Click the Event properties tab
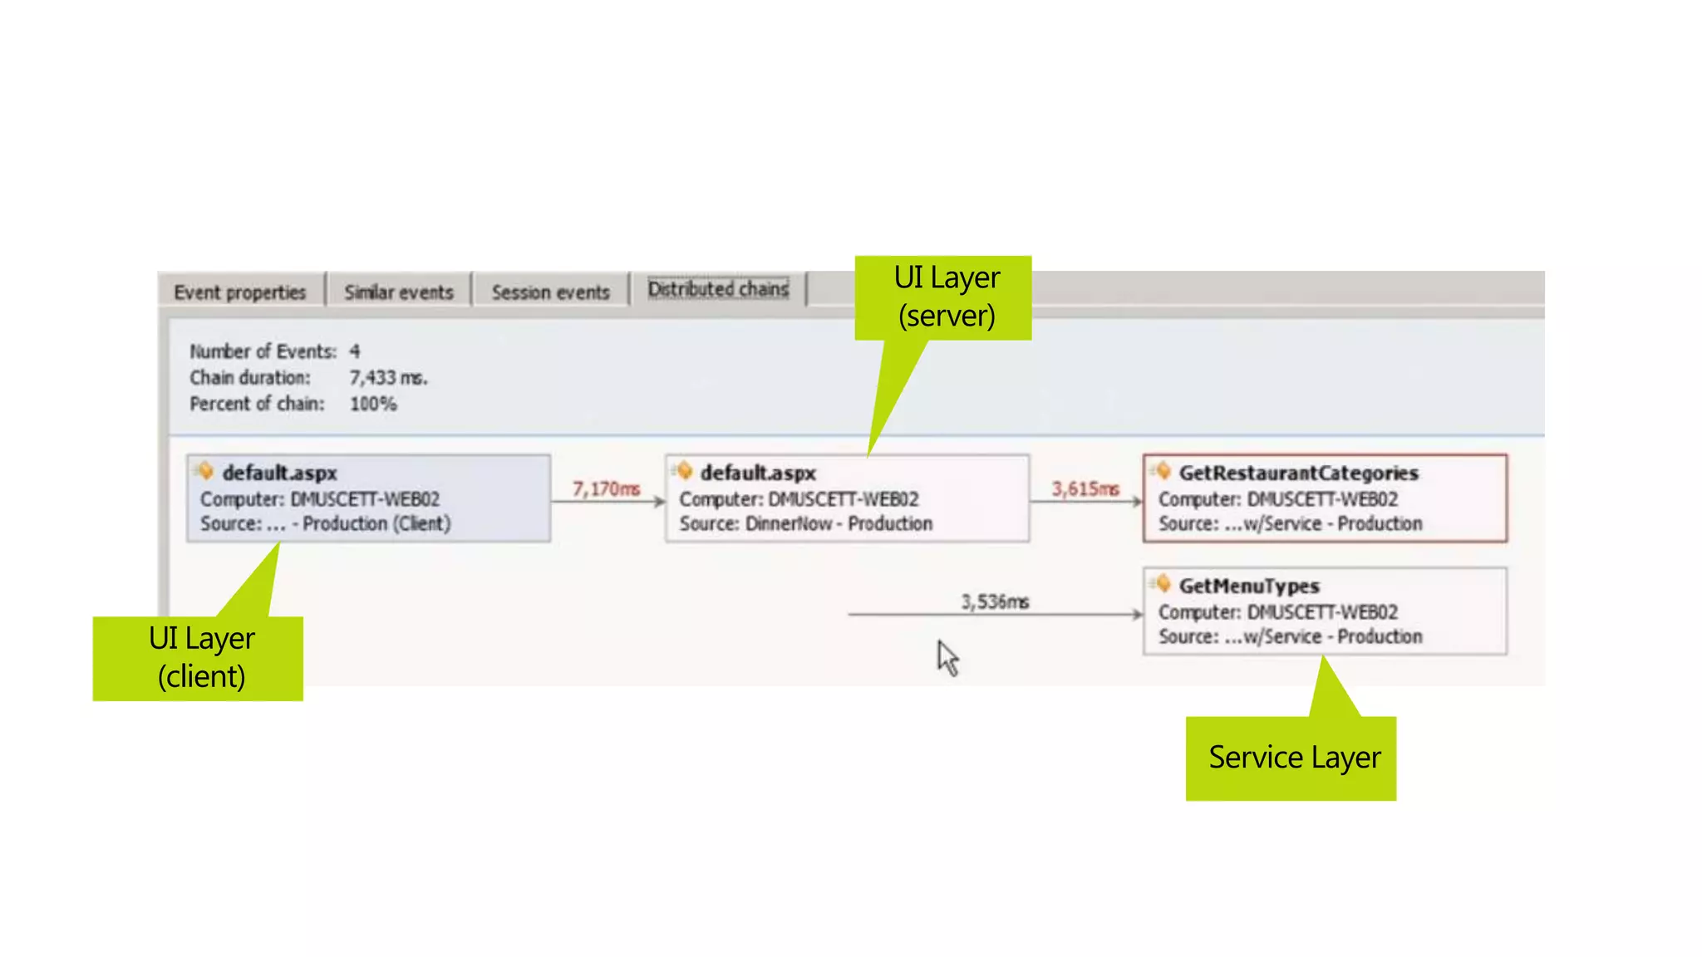pos(240,292)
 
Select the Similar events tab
pos(399,292)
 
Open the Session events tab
pos(550,292)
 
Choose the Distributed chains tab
pos(718,289)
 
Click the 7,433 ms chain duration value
pos(388,378)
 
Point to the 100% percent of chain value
pos(373,404)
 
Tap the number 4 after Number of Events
pos(355,351)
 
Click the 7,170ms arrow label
pos(606,489)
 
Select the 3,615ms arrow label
pos(1085,489)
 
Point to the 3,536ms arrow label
pos(995,601)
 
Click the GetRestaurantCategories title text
pos(1298,474)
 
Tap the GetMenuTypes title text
pos(1249,586)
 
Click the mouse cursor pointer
pos(947,658)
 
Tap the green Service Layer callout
pos(1293,758)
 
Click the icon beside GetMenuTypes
pos(1163,584)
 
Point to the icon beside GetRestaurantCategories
pos(1163,471)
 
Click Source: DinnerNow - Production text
pos(805,524)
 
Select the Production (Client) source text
pos(376,524)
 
